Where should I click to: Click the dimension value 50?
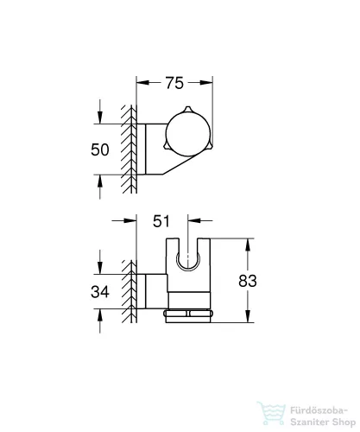click(x=101, y=149)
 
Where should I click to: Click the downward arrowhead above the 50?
click(x=102, y=120)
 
